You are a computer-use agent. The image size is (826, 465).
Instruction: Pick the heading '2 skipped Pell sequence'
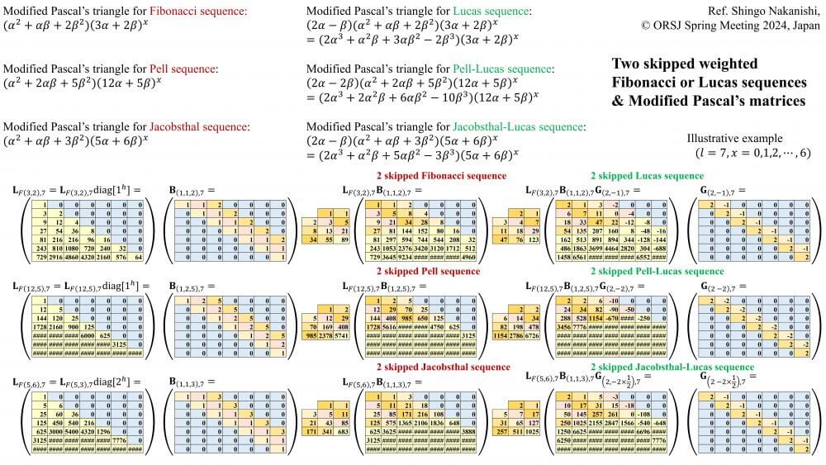[x=426, y=270]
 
